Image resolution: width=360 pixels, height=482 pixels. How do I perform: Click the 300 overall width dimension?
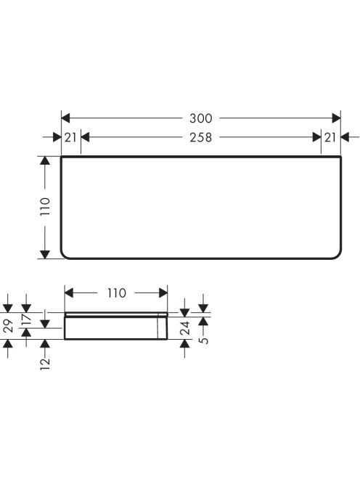pos(201,118)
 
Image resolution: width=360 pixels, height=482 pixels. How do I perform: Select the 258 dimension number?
pos(201,137)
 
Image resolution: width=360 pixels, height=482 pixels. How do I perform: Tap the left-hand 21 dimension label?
pos(70,137)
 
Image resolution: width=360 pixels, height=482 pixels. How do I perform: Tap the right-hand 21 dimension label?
pos(330,137)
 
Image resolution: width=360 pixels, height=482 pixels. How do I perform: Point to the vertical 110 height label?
pos(45,207)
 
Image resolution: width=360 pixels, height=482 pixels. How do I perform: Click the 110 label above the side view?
pos(117,293)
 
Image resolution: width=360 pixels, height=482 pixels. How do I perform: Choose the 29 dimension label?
pos(8,326)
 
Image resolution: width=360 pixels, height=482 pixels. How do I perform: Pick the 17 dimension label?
pos(26,319)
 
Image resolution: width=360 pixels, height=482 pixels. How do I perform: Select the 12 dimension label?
pos(45,364)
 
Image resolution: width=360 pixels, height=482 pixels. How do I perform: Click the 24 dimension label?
pos(185,328)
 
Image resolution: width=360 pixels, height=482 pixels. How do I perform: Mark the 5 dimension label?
pos(203,340)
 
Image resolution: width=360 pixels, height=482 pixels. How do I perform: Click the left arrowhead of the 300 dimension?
pos(65,118)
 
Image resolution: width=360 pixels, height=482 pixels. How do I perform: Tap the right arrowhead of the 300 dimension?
pos(336,118)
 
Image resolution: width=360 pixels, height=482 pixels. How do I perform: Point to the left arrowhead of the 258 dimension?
pos(85,137)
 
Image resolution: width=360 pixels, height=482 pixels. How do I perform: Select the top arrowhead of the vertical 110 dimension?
pos(45,160)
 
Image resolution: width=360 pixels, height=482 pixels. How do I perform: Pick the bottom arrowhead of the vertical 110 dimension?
pos(45,255)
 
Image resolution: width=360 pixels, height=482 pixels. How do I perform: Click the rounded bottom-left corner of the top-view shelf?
pos(64,256)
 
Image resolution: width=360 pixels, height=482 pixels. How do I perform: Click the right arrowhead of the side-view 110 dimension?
pos(163,293)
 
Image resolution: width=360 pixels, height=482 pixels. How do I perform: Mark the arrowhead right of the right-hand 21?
pos(345,137)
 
